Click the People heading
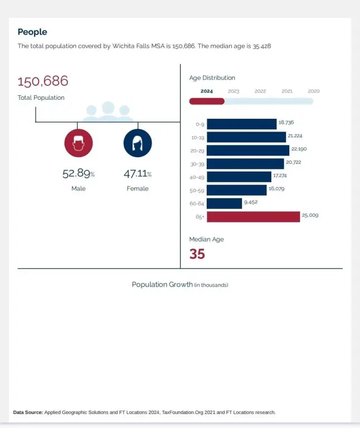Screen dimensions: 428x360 (x=32, y=32)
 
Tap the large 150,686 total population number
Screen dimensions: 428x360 (x=43, y=81)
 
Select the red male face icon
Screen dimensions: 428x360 (x=79, y=143)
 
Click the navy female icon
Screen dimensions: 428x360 (x=138, y=143)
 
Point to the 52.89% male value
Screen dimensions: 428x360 (x=78, y=174)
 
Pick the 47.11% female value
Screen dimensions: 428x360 (x=137, y=174)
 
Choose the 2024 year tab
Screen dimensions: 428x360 (x=207, y=91)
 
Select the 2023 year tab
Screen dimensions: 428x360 (x=233, y=91)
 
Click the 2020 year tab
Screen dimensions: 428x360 (x=314, y=91)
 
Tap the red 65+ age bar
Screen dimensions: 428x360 (x=254, y=217)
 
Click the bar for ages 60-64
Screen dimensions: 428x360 (x=225, y=203)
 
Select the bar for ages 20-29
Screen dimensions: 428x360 (x=248, y=150)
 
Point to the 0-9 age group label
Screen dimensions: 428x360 (x=200, y=124)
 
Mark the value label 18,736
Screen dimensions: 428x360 (x=286, y=122)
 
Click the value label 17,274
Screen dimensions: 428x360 (x=280, y=175)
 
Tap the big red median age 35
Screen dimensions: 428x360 (x=197, y=254)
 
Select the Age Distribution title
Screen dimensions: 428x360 (x=212, y=78)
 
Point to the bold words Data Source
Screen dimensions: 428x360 (x=28, y=412)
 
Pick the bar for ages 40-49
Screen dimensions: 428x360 (x=239, y=177)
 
